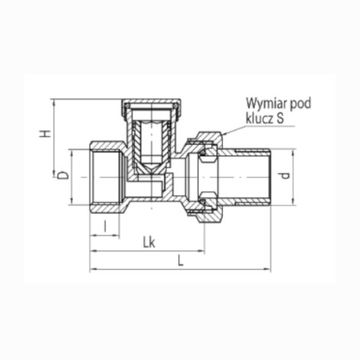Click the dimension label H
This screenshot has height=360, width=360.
point(45,133)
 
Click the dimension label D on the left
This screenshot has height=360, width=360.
point(63,175)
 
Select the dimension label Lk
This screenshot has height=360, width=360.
point(149,243)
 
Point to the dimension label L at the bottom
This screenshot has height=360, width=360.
point(181,261)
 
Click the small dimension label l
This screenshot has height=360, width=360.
point(105,227)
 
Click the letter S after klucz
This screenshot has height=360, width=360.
point(280,119)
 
